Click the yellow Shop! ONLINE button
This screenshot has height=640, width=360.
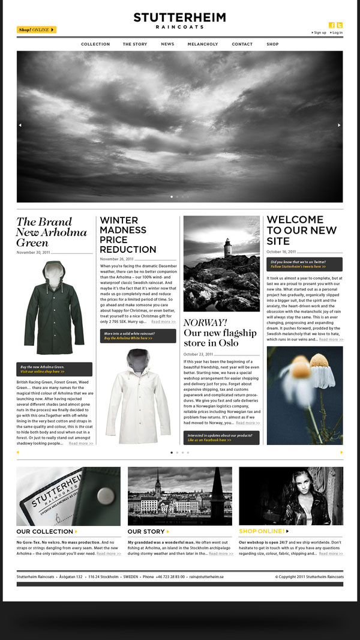tap(36, 29)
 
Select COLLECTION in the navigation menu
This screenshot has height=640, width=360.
tap(95, 44)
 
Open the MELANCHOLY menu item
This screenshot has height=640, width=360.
tap(203, 44)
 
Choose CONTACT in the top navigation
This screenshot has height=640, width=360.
tap(242, 44)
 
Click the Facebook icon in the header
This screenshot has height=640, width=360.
tap(332, 25)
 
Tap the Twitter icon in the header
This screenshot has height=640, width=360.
tap(340, 25)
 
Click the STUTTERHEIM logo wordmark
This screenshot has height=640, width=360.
tap(179, 18)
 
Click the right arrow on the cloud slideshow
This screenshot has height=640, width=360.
tap(339, 125)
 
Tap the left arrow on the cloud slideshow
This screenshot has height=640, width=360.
tap(20, 125)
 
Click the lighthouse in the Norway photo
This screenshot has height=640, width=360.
tap(227, 247)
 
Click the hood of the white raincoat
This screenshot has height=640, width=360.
tap(139, 358)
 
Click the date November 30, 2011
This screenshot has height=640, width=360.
tap(34, 253)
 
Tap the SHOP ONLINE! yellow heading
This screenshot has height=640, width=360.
tap(262, 531)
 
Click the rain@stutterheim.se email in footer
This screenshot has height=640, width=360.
tap(206, 576)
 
